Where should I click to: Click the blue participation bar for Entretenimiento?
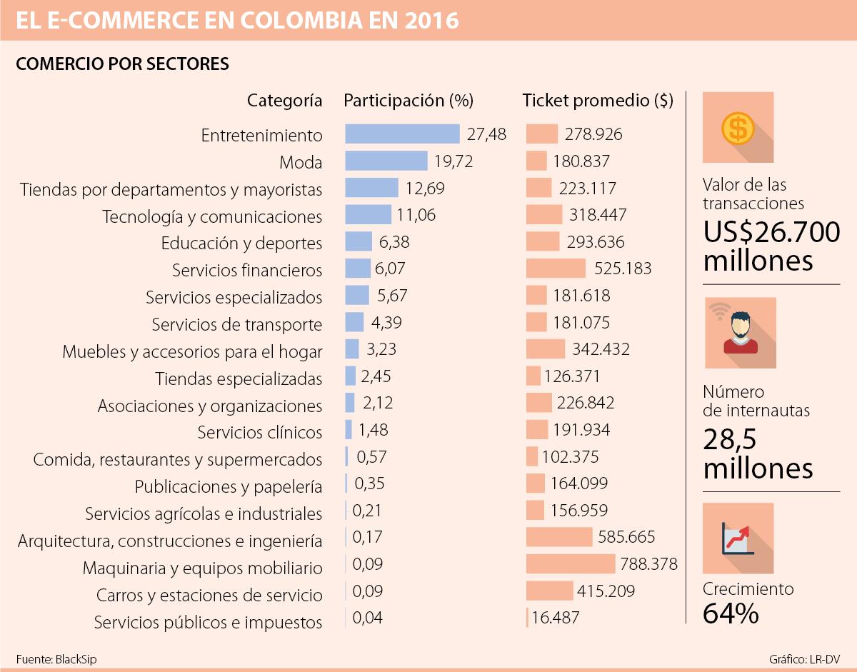402,134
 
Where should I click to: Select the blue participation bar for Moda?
386,161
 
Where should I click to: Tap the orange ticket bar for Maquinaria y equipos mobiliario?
571,564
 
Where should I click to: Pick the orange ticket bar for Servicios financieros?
556,269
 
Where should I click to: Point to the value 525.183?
623,269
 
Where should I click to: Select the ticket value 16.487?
556,618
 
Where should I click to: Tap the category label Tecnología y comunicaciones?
212,216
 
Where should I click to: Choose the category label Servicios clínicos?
260,433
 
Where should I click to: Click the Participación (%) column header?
409,101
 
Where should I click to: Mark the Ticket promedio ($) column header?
598,101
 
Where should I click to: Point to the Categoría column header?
284,101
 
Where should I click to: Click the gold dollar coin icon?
738,129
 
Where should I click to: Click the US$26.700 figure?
771,232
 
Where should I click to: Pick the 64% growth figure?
731,613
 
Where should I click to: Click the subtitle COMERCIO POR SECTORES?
122,64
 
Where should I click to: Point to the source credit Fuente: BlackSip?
56,659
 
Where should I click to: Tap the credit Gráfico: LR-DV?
807,659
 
